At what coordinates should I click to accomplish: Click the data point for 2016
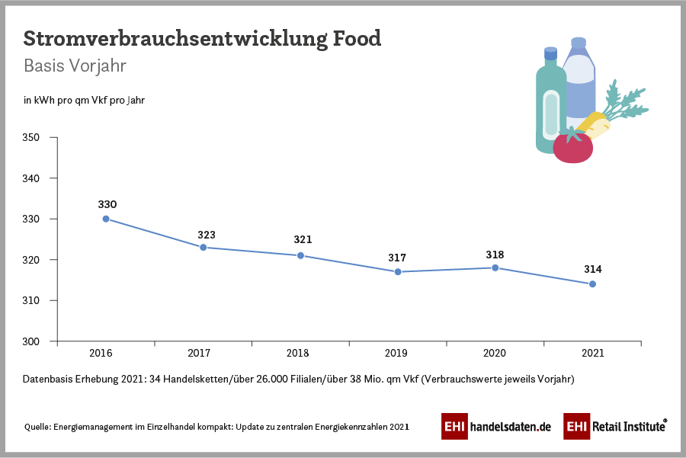106,219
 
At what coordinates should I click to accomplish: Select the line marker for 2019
398,272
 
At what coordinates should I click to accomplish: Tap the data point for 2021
592,284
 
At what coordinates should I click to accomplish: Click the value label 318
495,255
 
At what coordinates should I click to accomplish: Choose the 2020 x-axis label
495,354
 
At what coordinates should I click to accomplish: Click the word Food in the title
357,39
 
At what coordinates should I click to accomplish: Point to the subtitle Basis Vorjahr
75,66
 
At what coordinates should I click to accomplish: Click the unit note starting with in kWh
84,100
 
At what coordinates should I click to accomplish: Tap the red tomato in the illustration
572,148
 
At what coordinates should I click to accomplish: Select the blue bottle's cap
579,43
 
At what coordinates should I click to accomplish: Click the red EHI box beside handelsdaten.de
455,427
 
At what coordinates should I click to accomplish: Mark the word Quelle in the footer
37,427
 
